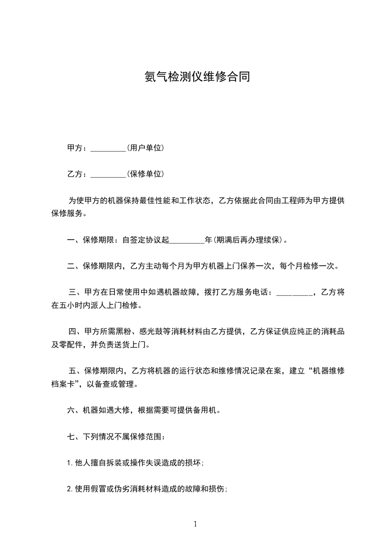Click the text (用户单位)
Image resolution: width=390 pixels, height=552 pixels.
coord(145,148)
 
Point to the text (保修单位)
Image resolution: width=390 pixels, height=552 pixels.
coord(145,174)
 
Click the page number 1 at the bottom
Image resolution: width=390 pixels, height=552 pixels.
coord(195,524)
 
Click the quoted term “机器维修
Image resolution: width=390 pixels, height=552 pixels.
coord(325,371)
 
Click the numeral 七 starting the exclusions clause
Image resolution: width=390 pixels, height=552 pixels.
coord(70,436)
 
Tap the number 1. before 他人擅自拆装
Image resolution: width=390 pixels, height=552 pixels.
coord(70,462)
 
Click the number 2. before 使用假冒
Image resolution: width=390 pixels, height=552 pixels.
coord(70,489)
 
